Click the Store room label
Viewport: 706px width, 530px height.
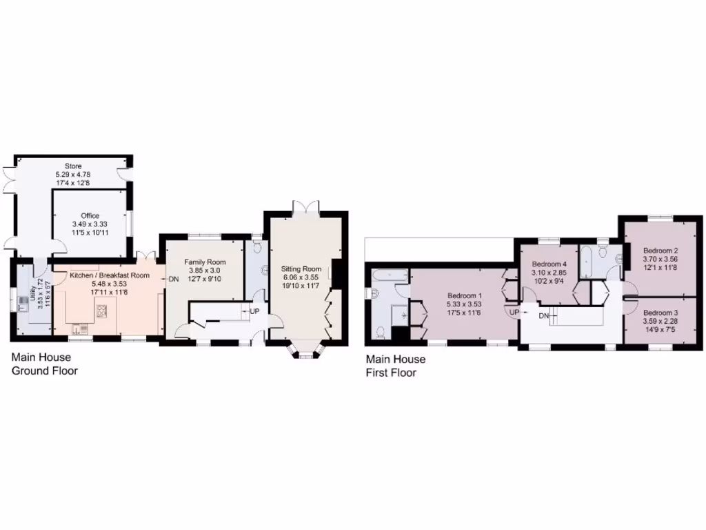(73, 166)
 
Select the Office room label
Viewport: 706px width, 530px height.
(90, 216)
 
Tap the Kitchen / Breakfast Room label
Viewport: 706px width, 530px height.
(110, 275)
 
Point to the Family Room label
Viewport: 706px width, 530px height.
(205, 262)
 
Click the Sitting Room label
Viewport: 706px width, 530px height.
(301, 268)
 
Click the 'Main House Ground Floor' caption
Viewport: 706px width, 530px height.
(44, 364)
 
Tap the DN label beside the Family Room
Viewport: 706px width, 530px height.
(173, 279)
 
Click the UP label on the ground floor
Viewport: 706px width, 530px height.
(254, 311)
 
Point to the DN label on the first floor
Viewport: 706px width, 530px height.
(544, 315)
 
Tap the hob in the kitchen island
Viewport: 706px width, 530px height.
(102, 311)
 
